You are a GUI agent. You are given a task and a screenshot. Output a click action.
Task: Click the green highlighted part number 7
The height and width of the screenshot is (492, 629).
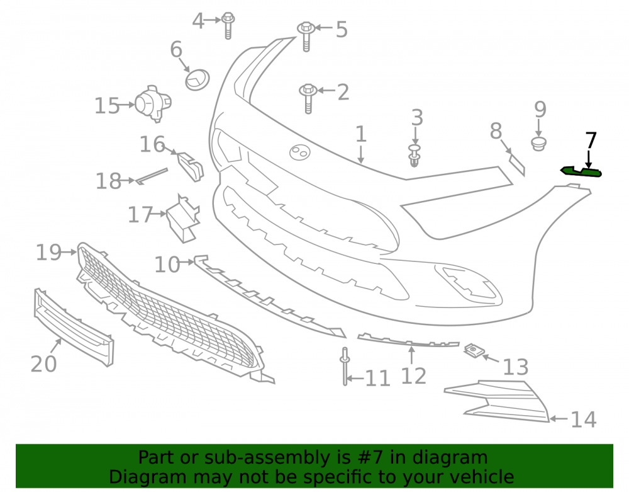(581, 171)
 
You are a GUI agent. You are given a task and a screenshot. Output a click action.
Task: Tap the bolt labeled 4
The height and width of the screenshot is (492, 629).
(228, 25)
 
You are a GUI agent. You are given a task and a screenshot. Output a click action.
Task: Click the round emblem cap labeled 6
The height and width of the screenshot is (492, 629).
(198, 79)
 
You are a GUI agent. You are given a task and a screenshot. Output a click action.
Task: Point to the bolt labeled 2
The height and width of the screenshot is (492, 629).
(308, 98)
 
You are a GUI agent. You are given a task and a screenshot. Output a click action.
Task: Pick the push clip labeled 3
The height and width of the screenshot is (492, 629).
(415, 156)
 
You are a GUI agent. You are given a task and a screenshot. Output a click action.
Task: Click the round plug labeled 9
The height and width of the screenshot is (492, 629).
(539, 144)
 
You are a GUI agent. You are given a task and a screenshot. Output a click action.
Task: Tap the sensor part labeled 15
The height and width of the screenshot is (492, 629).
(153, 103)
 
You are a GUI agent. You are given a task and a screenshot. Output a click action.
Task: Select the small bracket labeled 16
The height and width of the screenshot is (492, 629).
(191, 166)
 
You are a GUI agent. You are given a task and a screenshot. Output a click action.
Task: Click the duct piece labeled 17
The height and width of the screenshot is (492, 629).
(183, 219)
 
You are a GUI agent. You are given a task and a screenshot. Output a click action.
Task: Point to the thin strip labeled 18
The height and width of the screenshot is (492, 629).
(152, 176)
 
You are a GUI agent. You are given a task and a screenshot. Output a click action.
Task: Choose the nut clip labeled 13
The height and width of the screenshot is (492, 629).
(474, 351)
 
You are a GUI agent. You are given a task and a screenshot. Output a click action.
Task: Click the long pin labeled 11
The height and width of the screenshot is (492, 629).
(345, 366)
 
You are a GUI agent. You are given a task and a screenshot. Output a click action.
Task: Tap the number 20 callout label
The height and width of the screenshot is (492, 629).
(44, 364)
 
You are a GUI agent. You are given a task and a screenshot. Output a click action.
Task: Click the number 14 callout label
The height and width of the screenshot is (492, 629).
(583, 420)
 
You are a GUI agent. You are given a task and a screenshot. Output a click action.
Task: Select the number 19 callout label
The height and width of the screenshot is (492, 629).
(48, 253)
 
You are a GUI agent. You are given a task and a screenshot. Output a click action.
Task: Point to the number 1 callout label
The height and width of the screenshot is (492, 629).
(361, 134)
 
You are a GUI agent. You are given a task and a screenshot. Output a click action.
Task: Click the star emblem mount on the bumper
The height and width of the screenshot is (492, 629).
(300, 152)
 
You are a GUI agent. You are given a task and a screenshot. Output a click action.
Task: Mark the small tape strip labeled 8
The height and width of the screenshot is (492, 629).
(516, 164)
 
